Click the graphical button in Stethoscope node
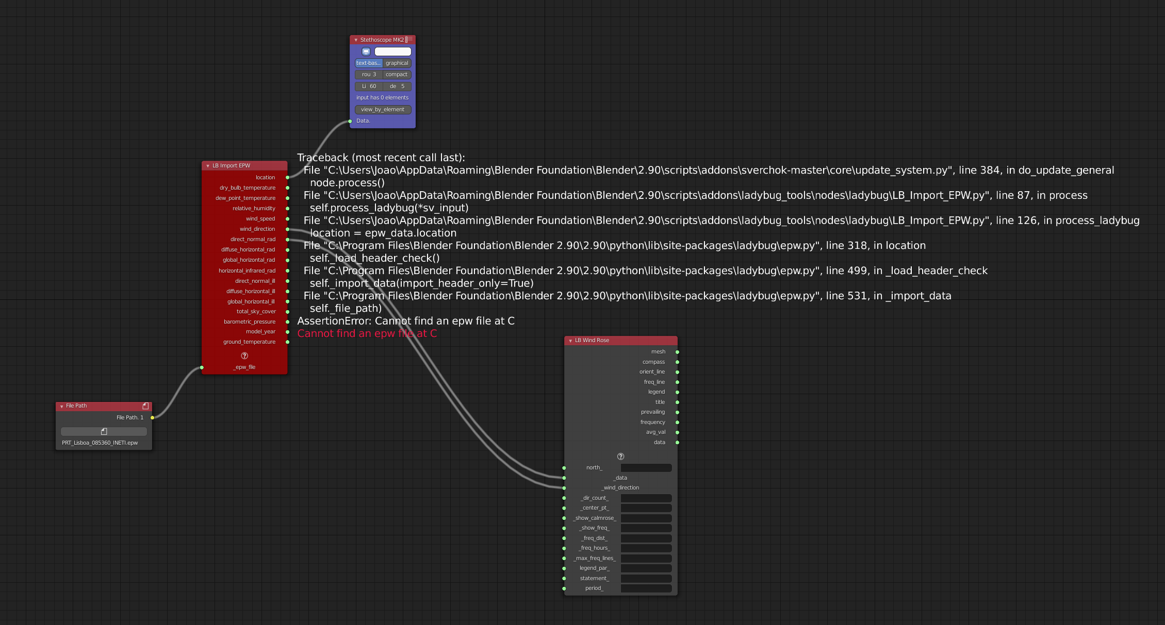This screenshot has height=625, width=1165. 397,63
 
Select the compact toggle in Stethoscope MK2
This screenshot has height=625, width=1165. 397,75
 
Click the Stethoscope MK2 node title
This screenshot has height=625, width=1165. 382,40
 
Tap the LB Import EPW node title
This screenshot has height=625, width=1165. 231,166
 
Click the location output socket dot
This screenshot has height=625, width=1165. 288,178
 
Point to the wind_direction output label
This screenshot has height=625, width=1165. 257,229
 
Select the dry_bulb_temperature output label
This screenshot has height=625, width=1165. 248,188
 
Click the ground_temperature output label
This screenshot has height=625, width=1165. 249,342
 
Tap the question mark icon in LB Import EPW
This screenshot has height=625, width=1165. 244,356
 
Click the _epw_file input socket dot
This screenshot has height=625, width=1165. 202,367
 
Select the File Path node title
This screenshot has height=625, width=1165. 76,406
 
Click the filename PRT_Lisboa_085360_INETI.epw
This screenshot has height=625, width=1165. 100,443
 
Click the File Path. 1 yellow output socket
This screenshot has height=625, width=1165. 152,418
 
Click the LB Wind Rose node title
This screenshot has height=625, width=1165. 592,341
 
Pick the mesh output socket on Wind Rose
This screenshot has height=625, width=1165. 677,352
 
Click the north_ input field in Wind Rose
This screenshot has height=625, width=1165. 646,468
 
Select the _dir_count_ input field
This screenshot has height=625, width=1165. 646,498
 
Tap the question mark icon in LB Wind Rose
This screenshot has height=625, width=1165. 620,457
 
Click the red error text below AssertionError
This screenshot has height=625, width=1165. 367,334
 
